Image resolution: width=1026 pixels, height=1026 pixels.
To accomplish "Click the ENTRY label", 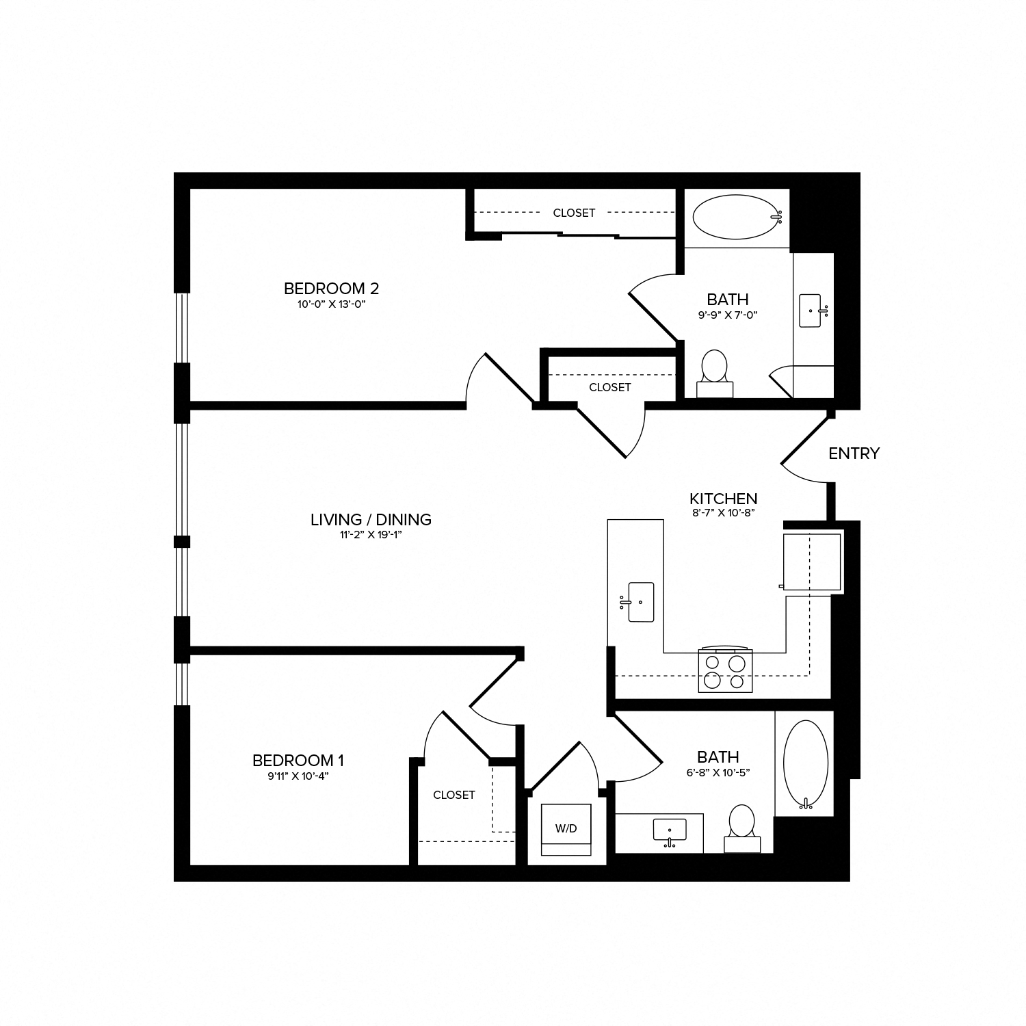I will pos(854,453).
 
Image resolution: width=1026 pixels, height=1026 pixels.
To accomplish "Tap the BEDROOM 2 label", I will pos(331,288).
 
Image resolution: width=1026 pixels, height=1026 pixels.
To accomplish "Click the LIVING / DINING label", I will pos(371,519).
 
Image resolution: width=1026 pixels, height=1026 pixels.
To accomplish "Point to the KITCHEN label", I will pos(723,499).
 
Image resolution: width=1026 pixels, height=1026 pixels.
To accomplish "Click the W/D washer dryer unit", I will pos(566,829).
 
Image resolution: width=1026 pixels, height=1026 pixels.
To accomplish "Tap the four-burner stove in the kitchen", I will pos(725,671).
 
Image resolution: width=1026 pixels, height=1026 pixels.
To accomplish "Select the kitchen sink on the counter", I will pos(640,602).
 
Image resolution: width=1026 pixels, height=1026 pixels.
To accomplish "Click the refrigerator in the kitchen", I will pos(812,562).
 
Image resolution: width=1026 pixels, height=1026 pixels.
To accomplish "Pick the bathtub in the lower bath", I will pos(805,763).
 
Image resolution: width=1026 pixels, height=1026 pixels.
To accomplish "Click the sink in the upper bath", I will pos(811,311).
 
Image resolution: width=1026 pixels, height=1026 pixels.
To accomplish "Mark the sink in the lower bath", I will pos(669,830).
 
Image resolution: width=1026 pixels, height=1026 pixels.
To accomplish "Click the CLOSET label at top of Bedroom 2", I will pos(574,213).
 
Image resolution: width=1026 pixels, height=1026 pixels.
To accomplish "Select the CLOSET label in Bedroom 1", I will pos(453,795).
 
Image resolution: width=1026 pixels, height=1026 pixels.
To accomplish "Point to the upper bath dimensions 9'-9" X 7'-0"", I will pos(728,315).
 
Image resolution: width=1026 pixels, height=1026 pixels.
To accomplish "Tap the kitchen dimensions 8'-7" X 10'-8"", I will pos(723,512).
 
